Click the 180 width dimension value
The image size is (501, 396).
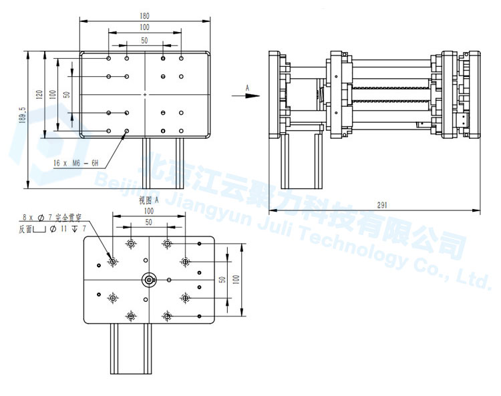(144, 15)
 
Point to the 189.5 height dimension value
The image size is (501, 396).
(23, 116)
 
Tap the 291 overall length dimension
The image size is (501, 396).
(382, 206)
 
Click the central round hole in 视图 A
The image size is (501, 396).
(148, 278)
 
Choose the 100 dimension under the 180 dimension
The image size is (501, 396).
(144, 27)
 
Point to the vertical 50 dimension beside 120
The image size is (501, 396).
(66, 94)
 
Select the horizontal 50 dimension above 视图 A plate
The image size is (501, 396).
(148, 221)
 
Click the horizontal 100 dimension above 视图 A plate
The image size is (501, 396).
(148, 211)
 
